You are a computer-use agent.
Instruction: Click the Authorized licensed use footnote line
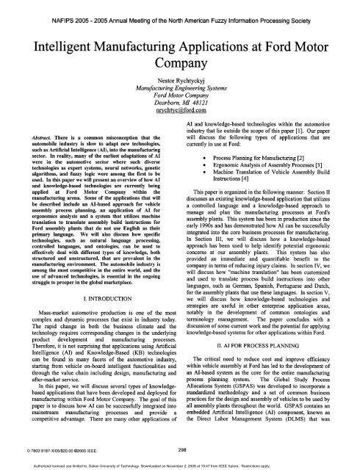(x=181, y=464)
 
